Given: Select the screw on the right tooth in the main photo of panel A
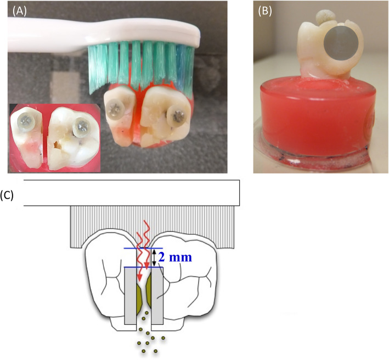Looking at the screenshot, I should click(177, 116).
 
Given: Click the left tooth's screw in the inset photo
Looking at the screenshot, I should click(25, 121).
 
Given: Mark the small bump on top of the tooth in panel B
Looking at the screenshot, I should click(327, 17).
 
